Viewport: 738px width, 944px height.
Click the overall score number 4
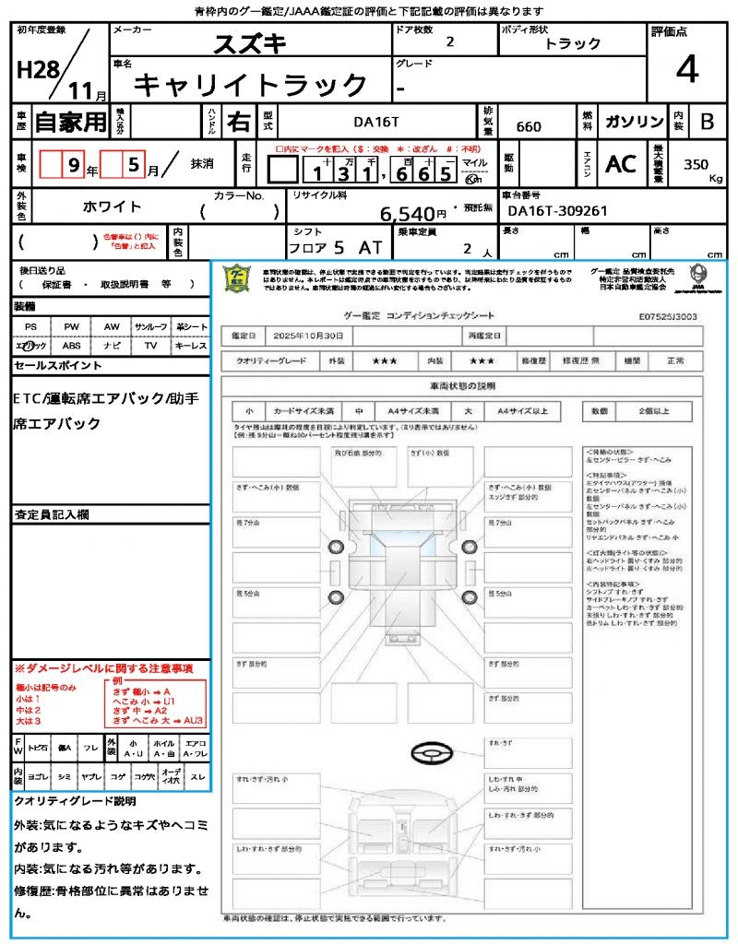click(686, 70)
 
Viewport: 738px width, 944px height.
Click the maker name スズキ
click(250, 43)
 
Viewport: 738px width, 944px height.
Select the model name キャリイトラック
click(251, 85)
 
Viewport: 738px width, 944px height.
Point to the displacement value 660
click(529, 127)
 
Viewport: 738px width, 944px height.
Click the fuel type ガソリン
click(634, 122)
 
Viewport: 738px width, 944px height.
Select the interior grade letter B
click(707, 122)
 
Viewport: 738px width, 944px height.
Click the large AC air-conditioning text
click(621, 164)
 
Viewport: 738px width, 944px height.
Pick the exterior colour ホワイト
click(113, 207)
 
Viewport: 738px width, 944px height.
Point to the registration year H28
click(36, 70)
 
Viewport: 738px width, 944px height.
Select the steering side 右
click(238, 122)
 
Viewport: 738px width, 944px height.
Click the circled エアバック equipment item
click(31, 346)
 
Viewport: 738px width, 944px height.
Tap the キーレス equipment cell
click(191, 346)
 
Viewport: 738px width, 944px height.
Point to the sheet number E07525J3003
click(667, 316)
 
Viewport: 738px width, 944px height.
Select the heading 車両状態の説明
click(462, 385)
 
